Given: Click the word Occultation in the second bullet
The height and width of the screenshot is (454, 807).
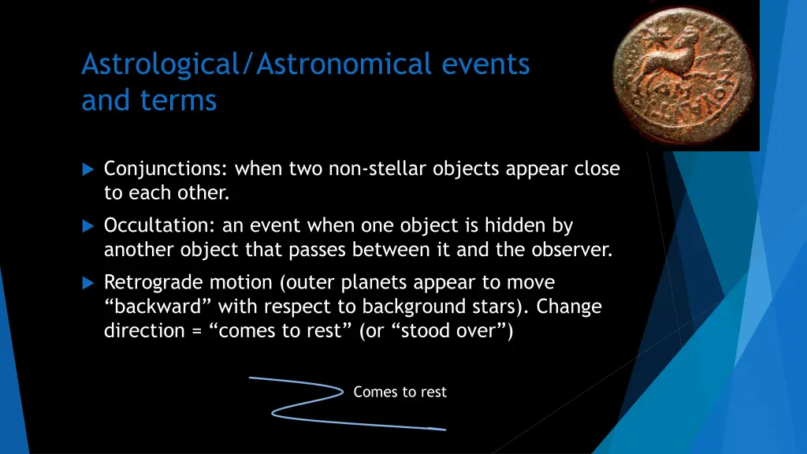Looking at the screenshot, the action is pos(159,225).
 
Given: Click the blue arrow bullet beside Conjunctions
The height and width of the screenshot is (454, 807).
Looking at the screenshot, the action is pos(88,169).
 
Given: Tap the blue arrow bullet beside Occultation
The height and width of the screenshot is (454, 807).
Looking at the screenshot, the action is pos(88,226).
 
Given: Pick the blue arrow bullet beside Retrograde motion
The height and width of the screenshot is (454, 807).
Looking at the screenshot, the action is pos(88,283).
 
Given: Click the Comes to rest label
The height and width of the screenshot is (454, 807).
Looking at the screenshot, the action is pos(400,393).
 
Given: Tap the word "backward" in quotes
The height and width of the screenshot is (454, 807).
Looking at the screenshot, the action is pos(158,307).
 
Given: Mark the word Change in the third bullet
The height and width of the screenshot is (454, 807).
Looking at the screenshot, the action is pos(569,307).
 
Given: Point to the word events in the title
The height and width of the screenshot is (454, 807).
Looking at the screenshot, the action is pos(485,65).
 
